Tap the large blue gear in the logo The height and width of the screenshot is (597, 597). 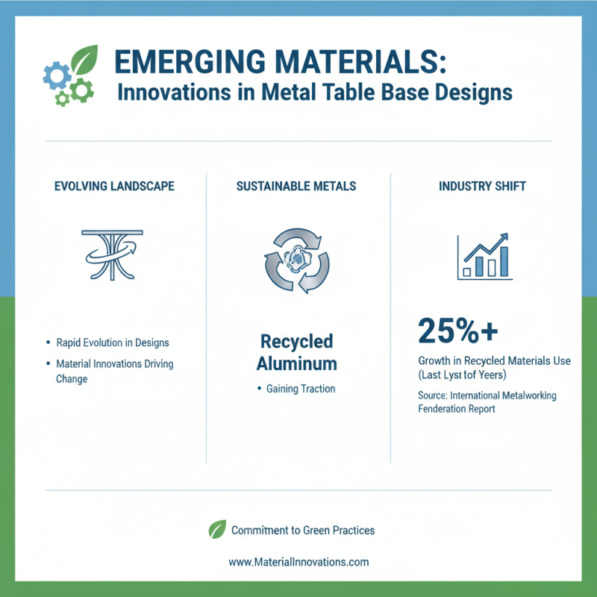[57, 75]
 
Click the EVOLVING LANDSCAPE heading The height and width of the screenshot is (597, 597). [115, 186]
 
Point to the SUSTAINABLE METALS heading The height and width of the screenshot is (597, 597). [296, 186]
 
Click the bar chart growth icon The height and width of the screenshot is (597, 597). [484, 257]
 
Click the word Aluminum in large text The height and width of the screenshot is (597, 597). [297, 364]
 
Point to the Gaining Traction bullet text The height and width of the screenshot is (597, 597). [301, 389]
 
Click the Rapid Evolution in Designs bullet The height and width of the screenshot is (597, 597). [113, 343]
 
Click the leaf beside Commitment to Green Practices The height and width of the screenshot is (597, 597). [217, 530]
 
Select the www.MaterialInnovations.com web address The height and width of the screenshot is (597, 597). [298, 562]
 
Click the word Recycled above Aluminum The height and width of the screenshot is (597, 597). [297, 342]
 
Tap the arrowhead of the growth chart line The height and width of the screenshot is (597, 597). [505, 237]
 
